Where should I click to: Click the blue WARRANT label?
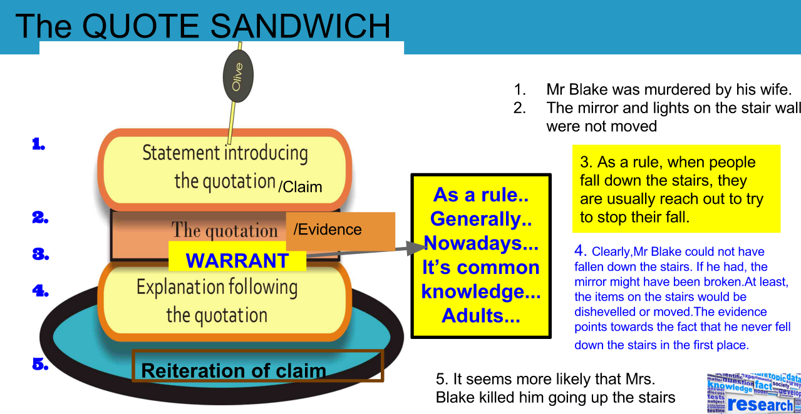[x=237, y=260]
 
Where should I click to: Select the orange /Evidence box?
[x=340, y=231]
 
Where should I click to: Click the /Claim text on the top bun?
[x=300, y=186]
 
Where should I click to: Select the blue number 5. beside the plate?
[x=40, y=364]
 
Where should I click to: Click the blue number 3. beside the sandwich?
[x=40, y=254]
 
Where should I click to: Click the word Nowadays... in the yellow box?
[x=480, y=243]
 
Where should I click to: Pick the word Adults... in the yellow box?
[x=480, y=315]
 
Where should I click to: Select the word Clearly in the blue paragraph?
[x=611, y=252]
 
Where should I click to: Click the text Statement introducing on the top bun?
[x=225, y=153]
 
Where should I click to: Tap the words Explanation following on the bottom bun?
[x=217, y=288]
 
